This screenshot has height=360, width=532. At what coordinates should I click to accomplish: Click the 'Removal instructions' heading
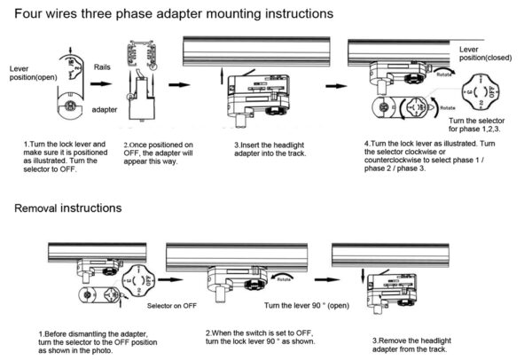[x=68, y=208]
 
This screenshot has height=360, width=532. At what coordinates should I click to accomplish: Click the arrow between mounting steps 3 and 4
[x=334, y=86]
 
